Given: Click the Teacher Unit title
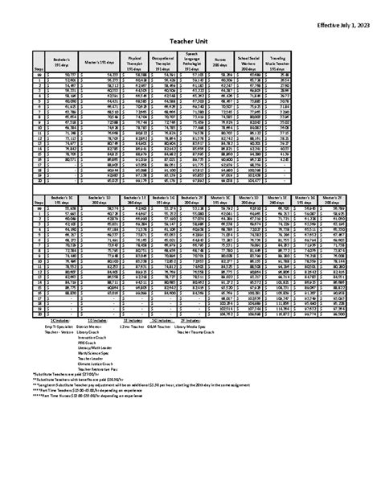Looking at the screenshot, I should tap(190, 48).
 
